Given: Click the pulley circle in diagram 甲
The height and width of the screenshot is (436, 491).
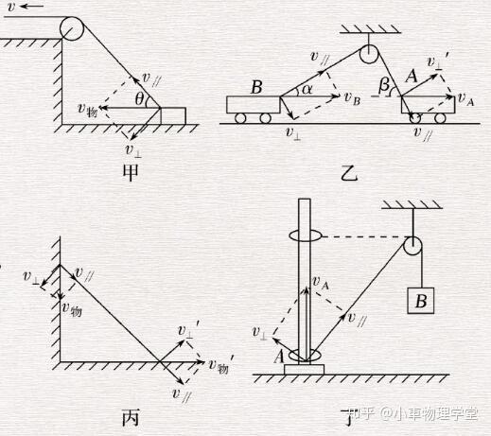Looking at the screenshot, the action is [x=72, y=28].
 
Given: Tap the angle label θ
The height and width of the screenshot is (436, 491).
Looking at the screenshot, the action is [x=139, y=99].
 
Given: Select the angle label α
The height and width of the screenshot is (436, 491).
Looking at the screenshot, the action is [x=307, y=90].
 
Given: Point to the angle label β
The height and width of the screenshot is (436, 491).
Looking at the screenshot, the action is [x=384, y=85].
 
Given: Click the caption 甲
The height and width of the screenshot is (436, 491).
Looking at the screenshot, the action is [x=131, y=173].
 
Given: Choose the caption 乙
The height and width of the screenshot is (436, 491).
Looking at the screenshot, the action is [x=349, y=173].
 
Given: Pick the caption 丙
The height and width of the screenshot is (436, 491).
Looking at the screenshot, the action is [x=131, y=417].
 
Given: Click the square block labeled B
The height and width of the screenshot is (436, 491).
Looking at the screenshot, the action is [x=421, y=301].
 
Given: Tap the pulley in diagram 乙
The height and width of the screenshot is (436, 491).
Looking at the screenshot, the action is [x=369, y=54].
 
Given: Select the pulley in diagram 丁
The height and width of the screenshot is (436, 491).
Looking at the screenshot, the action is [x=412, y=246].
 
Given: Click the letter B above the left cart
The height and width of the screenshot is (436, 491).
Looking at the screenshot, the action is [x=256, y=87].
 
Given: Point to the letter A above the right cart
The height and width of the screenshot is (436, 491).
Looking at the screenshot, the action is [x=411, y=77].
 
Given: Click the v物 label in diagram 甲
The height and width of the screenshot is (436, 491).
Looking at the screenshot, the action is [x=88, y=110].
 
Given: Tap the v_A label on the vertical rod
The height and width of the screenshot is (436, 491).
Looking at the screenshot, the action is [x=321, y=283].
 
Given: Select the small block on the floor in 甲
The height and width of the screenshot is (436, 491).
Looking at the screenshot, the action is [x=173, y=115].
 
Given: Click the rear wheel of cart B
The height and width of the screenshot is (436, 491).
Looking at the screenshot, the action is [x=240, y=118].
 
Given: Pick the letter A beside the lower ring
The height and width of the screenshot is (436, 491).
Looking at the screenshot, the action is [x=279, y=357].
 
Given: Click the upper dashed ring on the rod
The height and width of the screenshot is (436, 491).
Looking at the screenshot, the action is [x=306, y=235].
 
